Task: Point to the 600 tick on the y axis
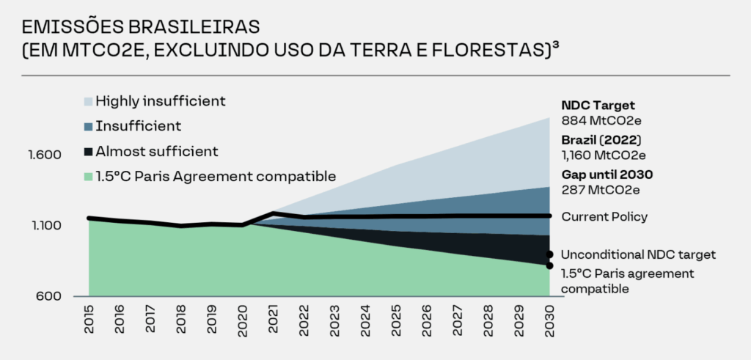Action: pyautogui.click(x=56, y=296)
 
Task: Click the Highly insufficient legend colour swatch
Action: pyautogui.click(x=88, y=101)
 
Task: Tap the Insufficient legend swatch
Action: pyautogui.click(x=88, y=126)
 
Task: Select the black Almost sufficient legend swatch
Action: pyautogui.click(x=88, y=152)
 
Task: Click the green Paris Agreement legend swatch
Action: pyautogui.click(x=88, y=177)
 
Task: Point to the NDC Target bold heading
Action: pyautogui.click(x=598, y=105)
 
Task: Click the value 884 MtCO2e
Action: pyautogui.click(x=601, y=120)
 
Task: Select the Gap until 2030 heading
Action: pyautogui.click(x=607, y=175)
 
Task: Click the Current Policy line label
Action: pyautogui.click(x=604, y=216)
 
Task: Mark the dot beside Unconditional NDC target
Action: pyautogui.click(x=549, y=254)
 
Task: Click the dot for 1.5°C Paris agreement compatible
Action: pyautogui.click(x=549, y=265)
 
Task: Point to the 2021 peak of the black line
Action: pyautogui.click(x=274, y=213)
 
